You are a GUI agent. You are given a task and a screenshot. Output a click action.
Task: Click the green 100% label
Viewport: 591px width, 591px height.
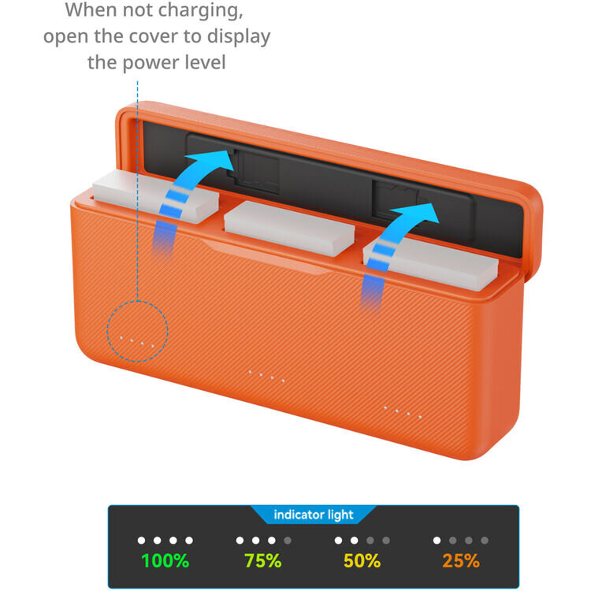coord(165,560)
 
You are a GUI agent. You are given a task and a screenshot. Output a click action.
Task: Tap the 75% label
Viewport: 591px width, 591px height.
coord(262,560)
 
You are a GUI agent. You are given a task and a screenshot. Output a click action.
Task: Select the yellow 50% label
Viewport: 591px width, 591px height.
coord(362,560)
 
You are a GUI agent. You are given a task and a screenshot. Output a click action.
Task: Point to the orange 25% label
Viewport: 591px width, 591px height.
coord(461,560)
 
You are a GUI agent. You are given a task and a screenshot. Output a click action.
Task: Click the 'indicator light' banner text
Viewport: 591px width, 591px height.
coord(313,515)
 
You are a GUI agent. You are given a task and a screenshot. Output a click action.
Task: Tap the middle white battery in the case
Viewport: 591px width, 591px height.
coord(289,228)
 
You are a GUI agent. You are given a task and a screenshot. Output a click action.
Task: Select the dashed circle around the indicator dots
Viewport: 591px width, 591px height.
coord(107,332)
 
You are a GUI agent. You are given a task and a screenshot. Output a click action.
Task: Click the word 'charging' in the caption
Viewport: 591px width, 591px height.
coord(200,10)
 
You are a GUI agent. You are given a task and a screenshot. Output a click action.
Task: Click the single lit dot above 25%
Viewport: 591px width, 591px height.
coord(437,541)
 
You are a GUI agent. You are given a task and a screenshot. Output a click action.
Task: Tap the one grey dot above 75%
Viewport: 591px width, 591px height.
coord(288,541)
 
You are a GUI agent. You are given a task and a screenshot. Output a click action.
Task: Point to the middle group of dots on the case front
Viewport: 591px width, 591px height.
coord(266,376)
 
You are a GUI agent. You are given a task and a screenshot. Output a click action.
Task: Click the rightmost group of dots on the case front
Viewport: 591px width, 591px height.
coord(402,412)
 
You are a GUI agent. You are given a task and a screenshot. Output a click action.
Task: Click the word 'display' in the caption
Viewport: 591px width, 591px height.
coord(239,37)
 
